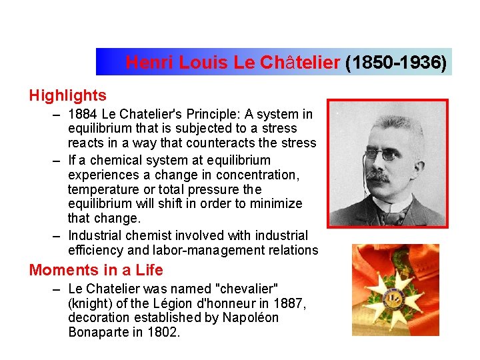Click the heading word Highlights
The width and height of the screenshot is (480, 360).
[67, 96]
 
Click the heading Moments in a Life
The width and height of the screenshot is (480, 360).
[96, 270]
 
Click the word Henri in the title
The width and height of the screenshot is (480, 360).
[145, 63]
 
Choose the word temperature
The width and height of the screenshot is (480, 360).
[101, 189]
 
